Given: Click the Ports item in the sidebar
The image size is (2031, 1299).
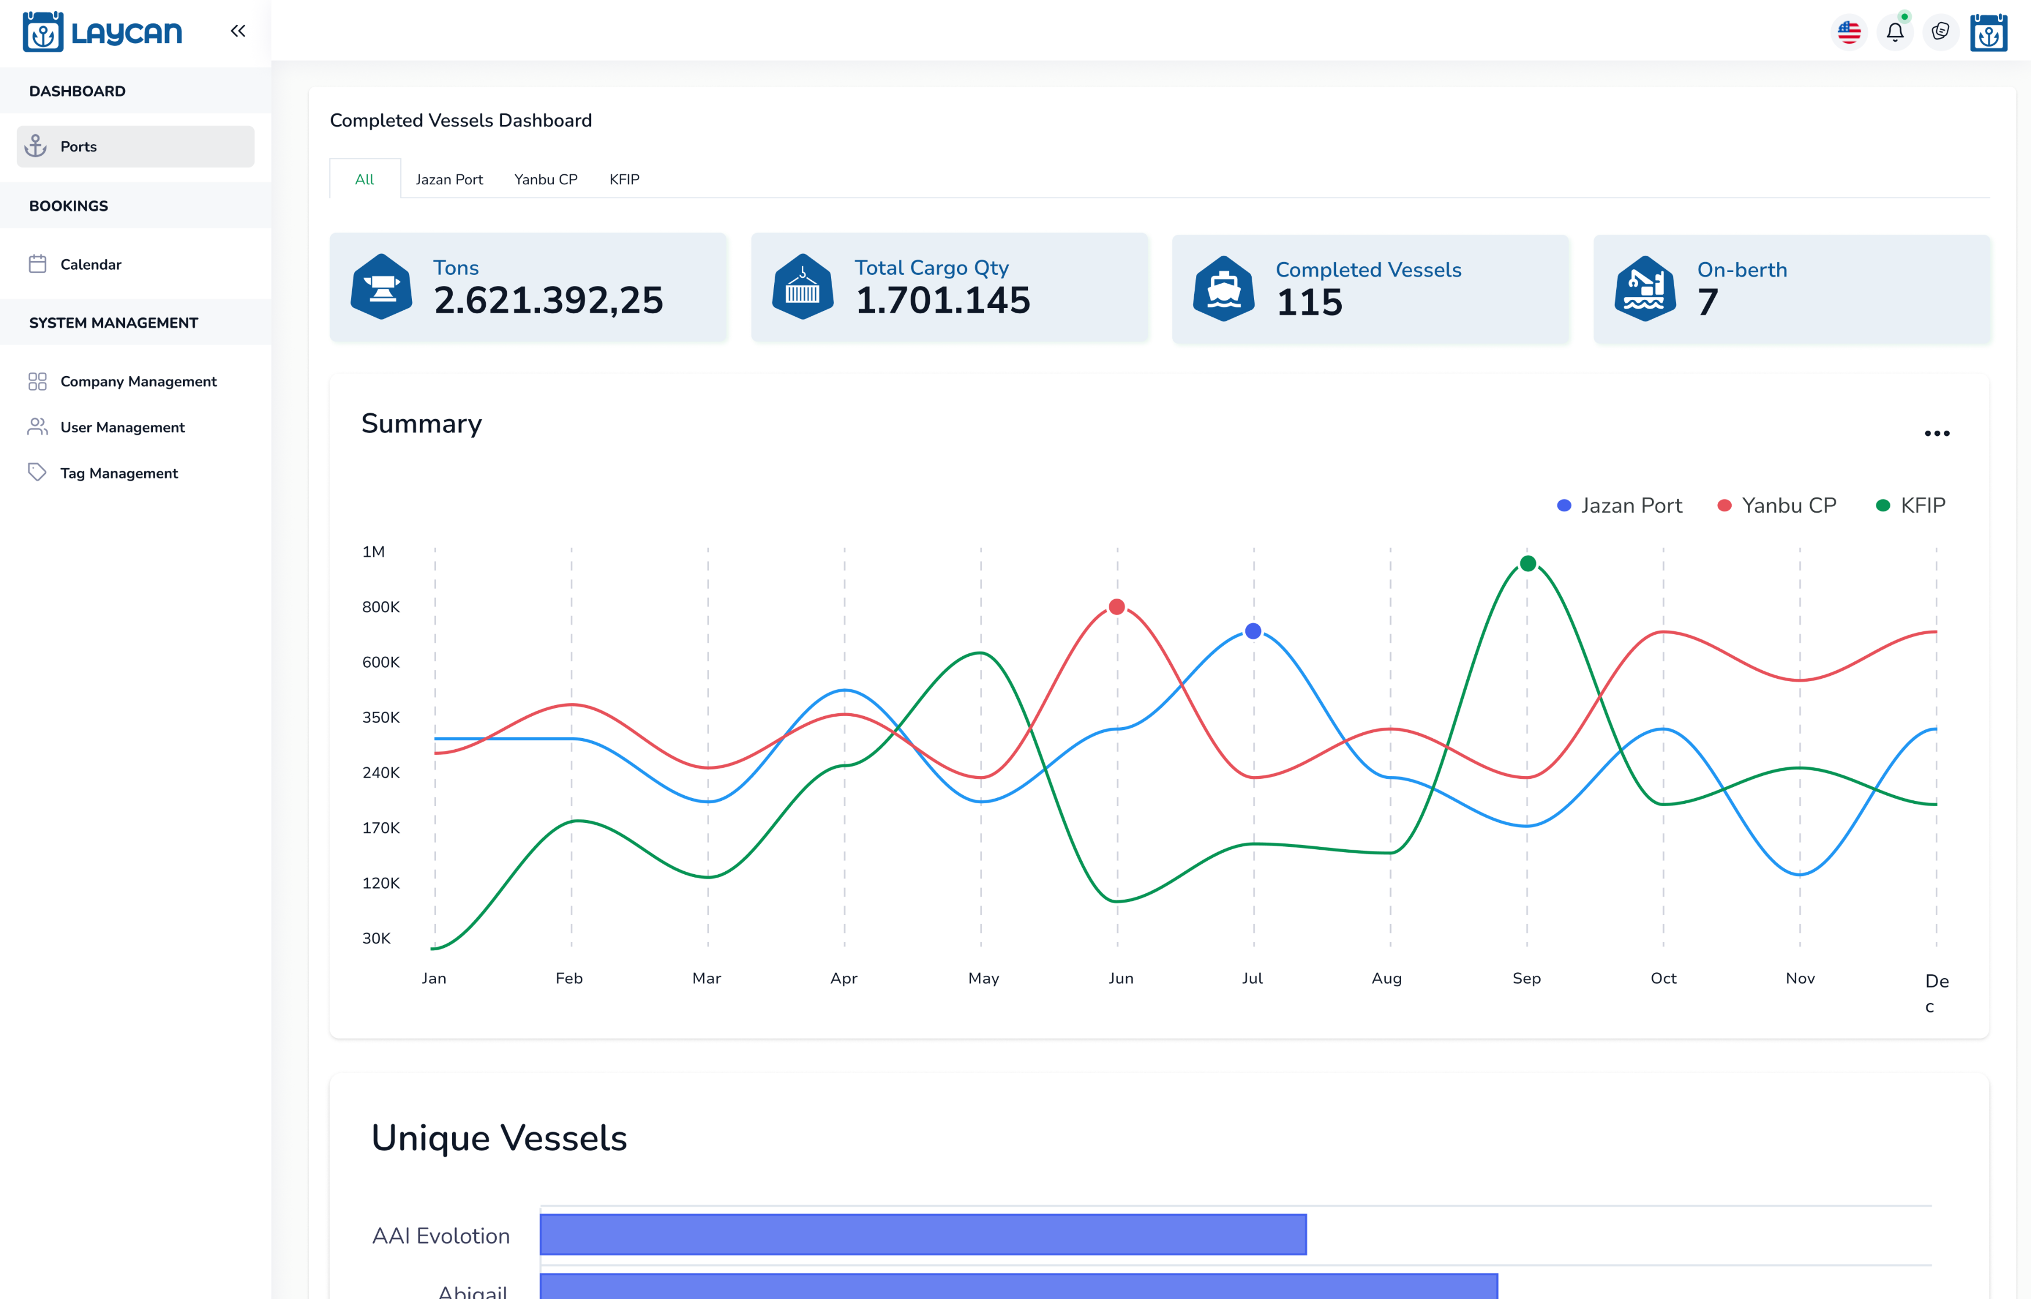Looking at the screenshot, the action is tap(135, 147).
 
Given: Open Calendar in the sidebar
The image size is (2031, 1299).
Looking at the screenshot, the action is tap(90, 264).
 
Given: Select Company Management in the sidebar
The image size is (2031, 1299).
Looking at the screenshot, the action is tap(138, 381).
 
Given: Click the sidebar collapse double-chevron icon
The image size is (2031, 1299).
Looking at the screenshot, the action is tap(238, 31).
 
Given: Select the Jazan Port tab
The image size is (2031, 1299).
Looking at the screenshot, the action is tap(449, 179).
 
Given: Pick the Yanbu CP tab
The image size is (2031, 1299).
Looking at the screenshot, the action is tap(546, 179).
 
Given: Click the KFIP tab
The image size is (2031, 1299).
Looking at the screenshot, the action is tap(624, 179).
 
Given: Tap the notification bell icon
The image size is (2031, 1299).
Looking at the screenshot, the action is tap(1894, 32).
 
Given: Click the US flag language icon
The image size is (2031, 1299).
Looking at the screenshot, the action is tap(1849, 32).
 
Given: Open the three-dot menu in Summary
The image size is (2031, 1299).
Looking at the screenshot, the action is tap(1936, 434).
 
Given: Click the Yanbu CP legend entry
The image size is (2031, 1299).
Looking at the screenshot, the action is tap(1776, 505).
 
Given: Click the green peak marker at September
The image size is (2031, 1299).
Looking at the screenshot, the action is tap(1528, 563).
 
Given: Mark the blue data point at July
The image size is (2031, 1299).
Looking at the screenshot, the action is tap(1253, 631).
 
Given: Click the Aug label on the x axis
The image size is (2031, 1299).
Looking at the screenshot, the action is tap(1387, 979).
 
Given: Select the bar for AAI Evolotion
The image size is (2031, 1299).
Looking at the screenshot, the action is tap(923, 1235).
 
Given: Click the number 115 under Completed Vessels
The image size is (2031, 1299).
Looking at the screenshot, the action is tap(1309, 302).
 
